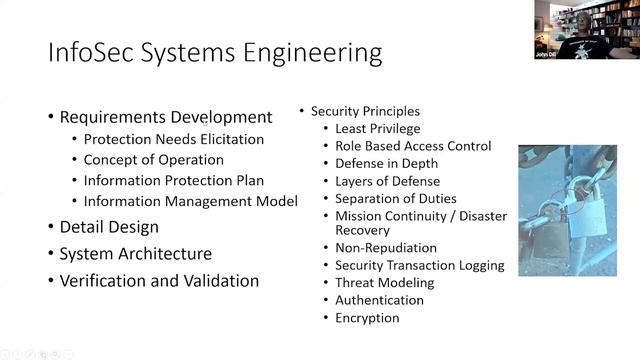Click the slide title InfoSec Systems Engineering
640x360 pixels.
pos(214,52)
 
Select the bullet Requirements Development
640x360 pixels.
pos(165,117)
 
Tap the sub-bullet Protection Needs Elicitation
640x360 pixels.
pos(173,140)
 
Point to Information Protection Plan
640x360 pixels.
pos(173,181)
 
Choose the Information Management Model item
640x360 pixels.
pos(190,201)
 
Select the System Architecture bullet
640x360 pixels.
pos(135,254)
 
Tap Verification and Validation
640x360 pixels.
pos(159,281)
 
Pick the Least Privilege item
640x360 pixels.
pos(378,128)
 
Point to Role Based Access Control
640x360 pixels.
pos(413,146)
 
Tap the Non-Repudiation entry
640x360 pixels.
pos(386,247)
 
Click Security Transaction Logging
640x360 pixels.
pos(419,265)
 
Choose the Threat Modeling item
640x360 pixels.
pos(384,283)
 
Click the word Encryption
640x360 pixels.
pos(367,318)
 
